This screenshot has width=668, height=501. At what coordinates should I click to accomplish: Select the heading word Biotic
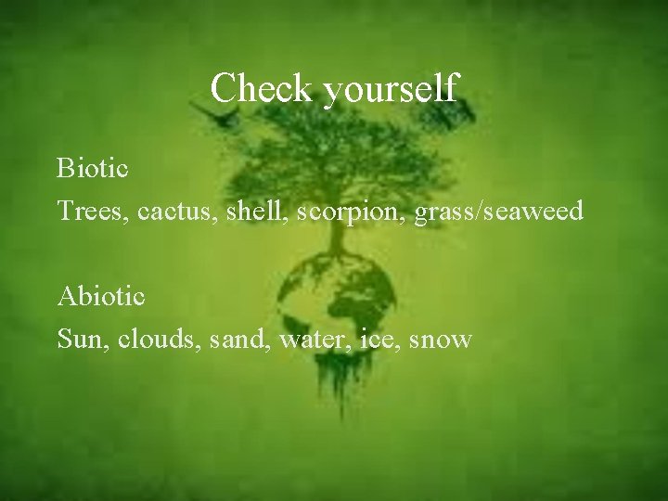(x=93, y=169)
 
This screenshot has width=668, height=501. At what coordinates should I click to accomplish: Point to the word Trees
(x=92, y=212)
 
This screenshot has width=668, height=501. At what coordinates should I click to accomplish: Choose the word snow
(x=439, y=340)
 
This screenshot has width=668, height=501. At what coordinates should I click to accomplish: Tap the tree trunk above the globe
(x=337, y=218)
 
